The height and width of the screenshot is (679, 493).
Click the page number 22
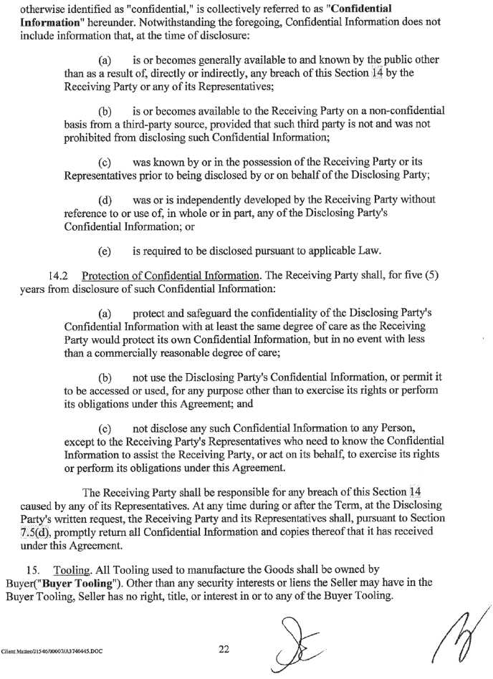coord(224,649)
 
